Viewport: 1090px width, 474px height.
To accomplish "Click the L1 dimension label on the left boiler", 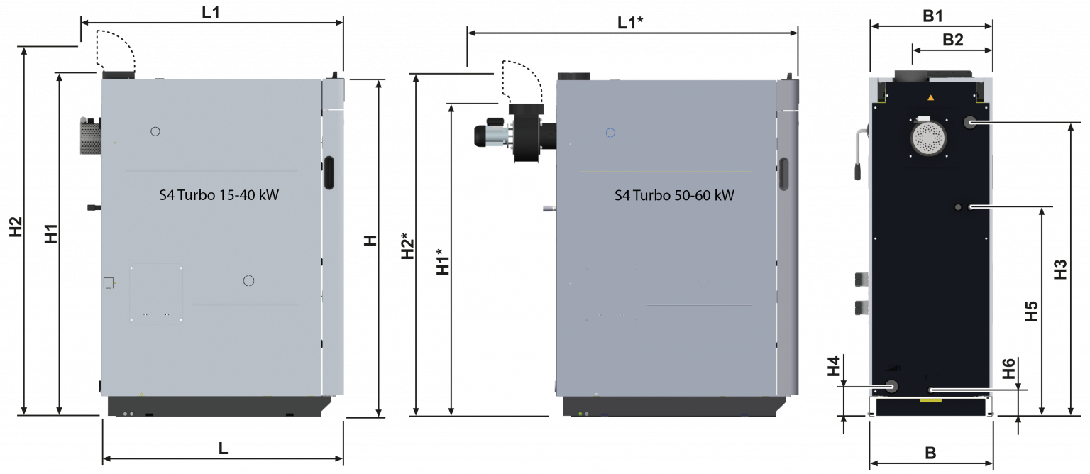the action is coord(211,12).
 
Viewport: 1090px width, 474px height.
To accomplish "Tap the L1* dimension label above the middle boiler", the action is coord(630,23).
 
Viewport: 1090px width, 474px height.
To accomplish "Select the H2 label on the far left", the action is coord(16,227).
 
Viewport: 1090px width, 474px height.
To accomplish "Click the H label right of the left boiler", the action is coord(370,241).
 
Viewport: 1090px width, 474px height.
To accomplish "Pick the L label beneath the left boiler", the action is coord(223,448).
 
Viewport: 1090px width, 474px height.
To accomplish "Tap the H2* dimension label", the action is coord(407,246).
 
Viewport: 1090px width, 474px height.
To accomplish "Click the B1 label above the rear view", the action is coord(932,16).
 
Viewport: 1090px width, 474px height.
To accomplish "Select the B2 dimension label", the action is coord(953,40).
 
